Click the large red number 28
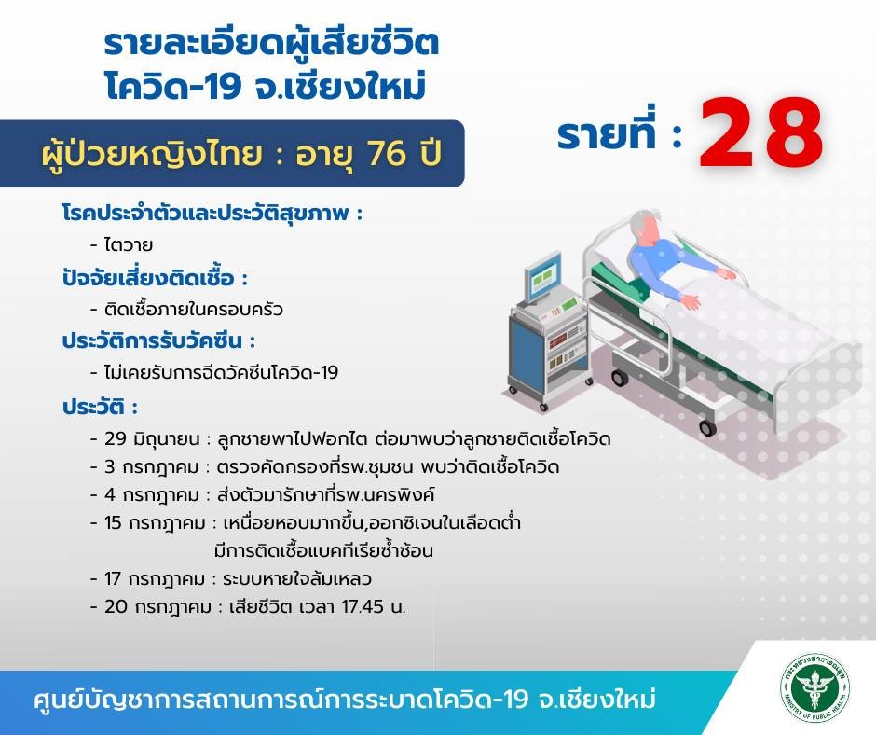tap(760, 133)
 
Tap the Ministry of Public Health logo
tap(815, 688)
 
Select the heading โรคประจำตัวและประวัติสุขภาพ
tap(212, 213)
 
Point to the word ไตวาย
tap(129, 244)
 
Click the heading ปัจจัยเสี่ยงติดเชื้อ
tap(155, 278)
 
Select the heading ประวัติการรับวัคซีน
tap(158, 340)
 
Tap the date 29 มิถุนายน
tap(152, 439)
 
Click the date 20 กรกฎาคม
tap(158, 607)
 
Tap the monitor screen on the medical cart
tap(542, 276)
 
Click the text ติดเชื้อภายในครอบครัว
tap(194, 309)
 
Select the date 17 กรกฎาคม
tap(155, 579)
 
